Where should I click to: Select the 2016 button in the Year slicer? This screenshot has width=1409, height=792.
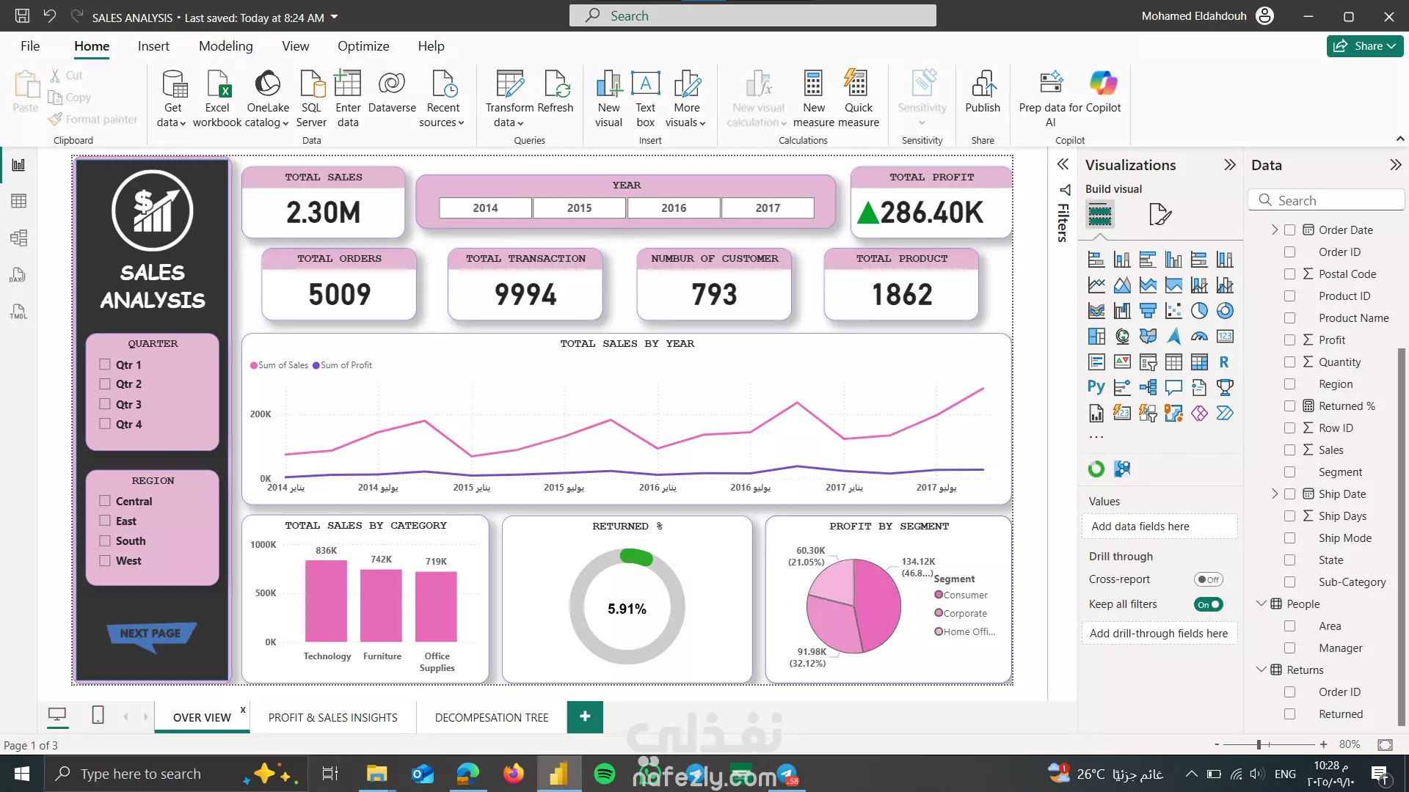click(x=673, y=208)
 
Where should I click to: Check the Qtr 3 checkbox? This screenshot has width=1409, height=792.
click(x=105, y=404)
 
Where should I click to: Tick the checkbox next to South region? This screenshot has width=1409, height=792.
click(x=105, y=541)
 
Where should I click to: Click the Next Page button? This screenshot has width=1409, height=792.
click(x=150, y=633)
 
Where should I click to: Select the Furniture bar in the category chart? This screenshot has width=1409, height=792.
click(x=381, y=605)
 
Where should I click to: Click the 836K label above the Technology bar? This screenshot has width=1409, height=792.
click(x=326, y=551)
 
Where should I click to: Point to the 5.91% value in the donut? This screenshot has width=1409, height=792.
click(x=627, y=609)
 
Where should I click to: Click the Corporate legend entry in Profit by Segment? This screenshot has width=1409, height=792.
click(x=964, y=613)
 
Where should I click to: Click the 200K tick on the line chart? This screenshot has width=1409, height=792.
click(x=261, y=414)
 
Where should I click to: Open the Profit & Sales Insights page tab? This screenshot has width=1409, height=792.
click(x=332, y=717)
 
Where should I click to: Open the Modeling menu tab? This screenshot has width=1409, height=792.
click(x=225, y=45)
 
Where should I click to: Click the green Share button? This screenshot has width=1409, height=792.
click(x=1364, y=45)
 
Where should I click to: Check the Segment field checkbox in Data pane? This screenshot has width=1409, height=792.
click(x=1289, y=472)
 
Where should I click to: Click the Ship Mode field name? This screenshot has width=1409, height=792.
click(x=1344, y=538)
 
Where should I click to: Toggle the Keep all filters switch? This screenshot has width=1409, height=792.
click(x=1208, y=604)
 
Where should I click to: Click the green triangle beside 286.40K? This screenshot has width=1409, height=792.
click(x=867, y=213)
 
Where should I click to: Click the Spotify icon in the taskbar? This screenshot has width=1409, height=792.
click(x=605, y=774)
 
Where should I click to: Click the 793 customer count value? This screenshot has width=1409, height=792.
click(x=713, y=295)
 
